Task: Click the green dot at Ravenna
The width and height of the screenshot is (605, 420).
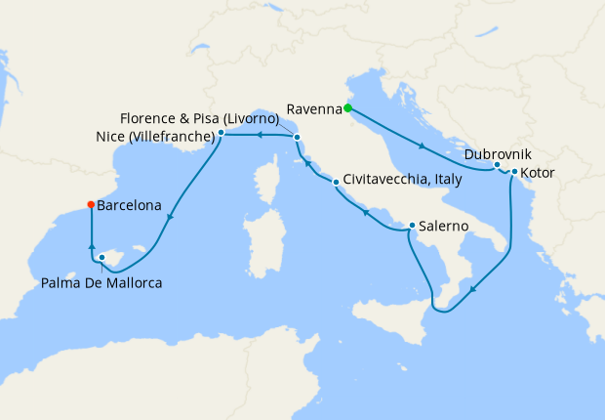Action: click(x=347, y=108)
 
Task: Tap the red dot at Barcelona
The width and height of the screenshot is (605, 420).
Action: click(x=91, y=205)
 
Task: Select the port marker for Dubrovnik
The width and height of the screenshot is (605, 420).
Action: click(x=497, y=164)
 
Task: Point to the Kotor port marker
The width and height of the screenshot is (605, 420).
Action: click(x=513, y=173)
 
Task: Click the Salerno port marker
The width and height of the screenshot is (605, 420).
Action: click(x=412, y=226)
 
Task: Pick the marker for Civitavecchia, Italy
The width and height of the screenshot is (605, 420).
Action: click(x=335, y=181)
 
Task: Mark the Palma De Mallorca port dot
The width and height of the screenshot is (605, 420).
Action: click(x=101, y=258)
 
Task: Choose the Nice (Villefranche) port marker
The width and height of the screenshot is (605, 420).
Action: click(x=222, y=132)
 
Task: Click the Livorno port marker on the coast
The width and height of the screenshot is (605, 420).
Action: click(x=297, y=138)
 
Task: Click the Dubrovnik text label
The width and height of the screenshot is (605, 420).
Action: click(x=499, y=154)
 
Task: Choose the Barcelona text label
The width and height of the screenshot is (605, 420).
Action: click(x=129, y=206)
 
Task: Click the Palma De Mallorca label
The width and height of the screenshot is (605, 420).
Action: click(x=102, y=283)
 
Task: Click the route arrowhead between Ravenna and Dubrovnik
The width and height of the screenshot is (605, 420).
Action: click(x=422, y=147)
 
